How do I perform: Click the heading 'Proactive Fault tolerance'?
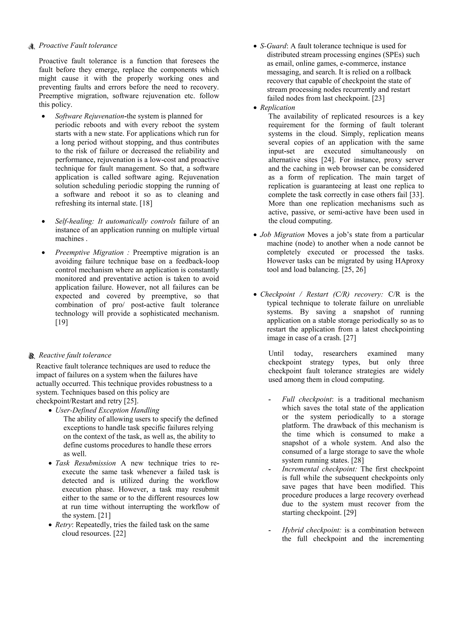point(78,46)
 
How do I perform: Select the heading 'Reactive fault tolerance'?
point(75,355)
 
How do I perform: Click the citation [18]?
point(146,203)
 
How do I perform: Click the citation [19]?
point(62,322)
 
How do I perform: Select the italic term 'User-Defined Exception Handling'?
point(107,410)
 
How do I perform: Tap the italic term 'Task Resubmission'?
point(85,463)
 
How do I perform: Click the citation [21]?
point(104,516)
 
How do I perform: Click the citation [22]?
point(120,534)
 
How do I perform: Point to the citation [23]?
point(378,98)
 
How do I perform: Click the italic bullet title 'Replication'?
point(277,108)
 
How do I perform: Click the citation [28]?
point(357,460)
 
